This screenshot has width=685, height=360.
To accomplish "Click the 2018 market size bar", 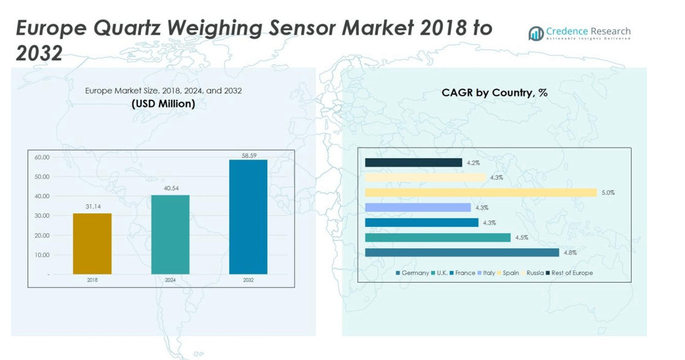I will tap(92, 243).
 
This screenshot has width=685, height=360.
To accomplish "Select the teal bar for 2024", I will tap(170, 234).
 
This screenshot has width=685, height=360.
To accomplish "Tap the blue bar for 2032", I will tap(248, 216).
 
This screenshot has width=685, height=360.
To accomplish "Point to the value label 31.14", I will tap(92, 207).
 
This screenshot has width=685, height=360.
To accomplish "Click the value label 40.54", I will tap(170, 189).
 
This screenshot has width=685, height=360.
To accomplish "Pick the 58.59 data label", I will tap(248, 156).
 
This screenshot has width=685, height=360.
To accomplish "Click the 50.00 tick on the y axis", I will tap(42, 177).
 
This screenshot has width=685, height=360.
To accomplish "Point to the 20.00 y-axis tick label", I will tap(42, 236).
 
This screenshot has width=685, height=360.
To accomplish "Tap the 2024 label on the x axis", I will tap(170, 280).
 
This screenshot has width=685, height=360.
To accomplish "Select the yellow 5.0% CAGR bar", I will tap(480, 193).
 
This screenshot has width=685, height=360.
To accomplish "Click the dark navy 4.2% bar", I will tap(413, 163).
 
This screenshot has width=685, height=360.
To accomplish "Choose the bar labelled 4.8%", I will tap(462, 253).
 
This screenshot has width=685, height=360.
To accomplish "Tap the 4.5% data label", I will tap(521, 237).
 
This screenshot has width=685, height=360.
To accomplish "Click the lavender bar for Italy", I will tap(418, 207).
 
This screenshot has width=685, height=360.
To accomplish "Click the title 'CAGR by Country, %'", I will tap(494, 93).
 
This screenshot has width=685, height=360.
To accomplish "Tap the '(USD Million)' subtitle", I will tap(163, 104).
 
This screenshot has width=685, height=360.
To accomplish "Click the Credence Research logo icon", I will tap(536, 33).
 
